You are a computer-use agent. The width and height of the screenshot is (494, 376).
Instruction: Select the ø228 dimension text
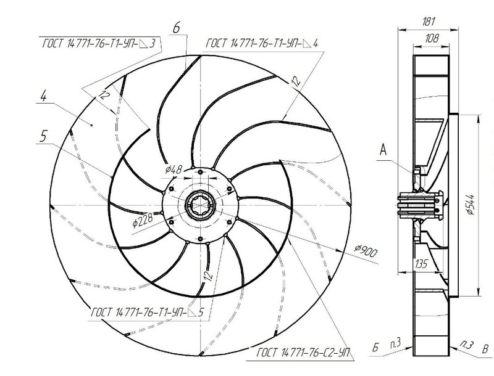[143, 220]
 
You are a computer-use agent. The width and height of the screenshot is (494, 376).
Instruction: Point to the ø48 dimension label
[174, 170]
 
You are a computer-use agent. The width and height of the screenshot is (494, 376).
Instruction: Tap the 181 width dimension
[429, 22]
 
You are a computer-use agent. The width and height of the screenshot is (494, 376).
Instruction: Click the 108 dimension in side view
[432, 38]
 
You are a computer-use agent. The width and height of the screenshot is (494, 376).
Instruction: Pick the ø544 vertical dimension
[471, 205]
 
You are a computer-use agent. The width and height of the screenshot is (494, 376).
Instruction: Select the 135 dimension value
[421, 264]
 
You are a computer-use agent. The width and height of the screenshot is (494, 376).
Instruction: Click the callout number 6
[177, 28]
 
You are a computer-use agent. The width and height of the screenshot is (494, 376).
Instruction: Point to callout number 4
[43, 96]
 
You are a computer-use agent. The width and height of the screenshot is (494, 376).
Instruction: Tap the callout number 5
[43, 136]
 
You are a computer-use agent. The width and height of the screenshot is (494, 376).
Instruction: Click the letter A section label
[383, 150]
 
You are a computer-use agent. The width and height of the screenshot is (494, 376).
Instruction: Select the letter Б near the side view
[375, 348]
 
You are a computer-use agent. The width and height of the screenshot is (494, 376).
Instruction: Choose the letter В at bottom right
[485, 349]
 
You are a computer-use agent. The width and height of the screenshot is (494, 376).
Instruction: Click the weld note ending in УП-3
[99, 43]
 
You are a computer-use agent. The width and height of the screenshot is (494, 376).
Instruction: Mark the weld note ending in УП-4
[262, 43]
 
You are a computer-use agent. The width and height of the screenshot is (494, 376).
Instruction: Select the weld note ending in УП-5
[148, 312]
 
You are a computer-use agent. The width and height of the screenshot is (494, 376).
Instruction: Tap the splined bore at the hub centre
[200, 205]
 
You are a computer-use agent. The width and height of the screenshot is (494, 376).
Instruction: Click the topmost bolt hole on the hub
[200, 172]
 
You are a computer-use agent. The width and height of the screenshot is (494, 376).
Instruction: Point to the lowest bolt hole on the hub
[200, 239]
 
